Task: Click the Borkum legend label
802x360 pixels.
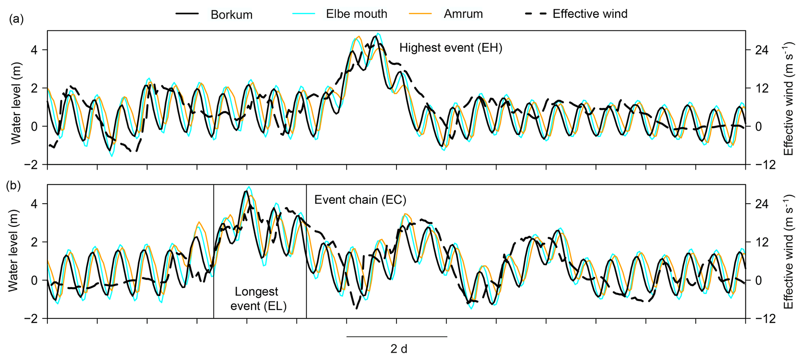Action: point(231,15)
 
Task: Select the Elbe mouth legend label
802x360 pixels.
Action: point(356,14)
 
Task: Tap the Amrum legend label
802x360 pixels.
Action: point(463,14)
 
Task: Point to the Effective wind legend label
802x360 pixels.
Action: point(590,14)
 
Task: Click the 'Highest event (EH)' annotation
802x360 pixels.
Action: point(450,48)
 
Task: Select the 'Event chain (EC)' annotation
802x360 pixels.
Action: point(360,200)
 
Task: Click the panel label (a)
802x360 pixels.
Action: point(17,19)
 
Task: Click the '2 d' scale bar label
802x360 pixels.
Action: point(398,349)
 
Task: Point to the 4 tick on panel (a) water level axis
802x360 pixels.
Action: point(34,50)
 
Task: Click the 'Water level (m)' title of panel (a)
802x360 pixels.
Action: point(16,103)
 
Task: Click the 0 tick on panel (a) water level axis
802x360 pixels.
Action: point(34,127)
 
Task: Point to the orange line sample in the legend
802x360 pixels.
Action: point(420,14)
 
